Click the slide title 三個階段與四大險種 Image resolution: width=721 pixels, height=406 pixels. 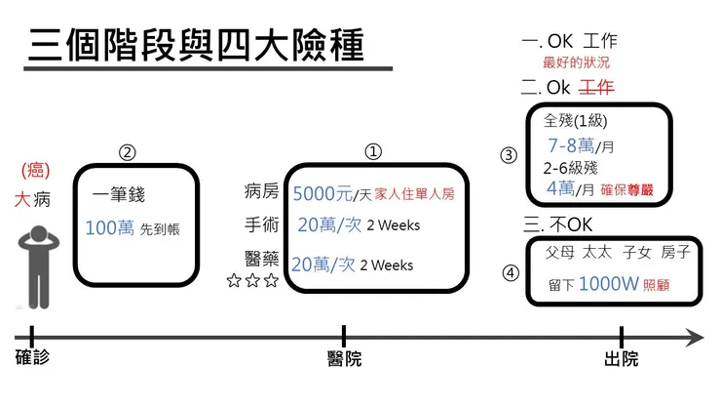tap(196, 45)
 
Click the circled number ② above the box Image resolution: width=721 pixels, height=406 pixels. tap(127, 152)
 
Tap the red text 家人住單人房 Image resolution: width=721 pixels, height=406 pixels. tap(414, 193)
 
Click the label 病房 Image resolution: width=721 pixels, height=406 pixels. tap(261, 192)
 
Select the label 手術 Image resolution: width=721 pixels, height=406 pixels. tap(261, 225)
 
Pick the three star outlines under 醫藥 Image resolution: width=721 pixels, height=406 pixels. tap(251, 281)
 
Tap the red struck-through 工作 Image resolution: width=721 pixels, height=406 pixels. tap(596, 88)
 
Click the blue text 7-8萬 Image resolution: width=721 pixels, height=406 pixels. tap(571, 146)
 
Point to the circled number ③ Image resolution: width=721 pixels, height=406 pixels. tap(509, 155)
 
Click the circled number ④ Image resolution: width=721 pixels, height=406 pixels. tap(510, 273)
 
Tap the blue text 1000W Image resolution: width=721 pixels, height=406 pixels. tap(609, 285)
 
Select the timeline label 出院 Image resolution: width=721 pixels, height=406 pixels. tap(622, 359)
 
